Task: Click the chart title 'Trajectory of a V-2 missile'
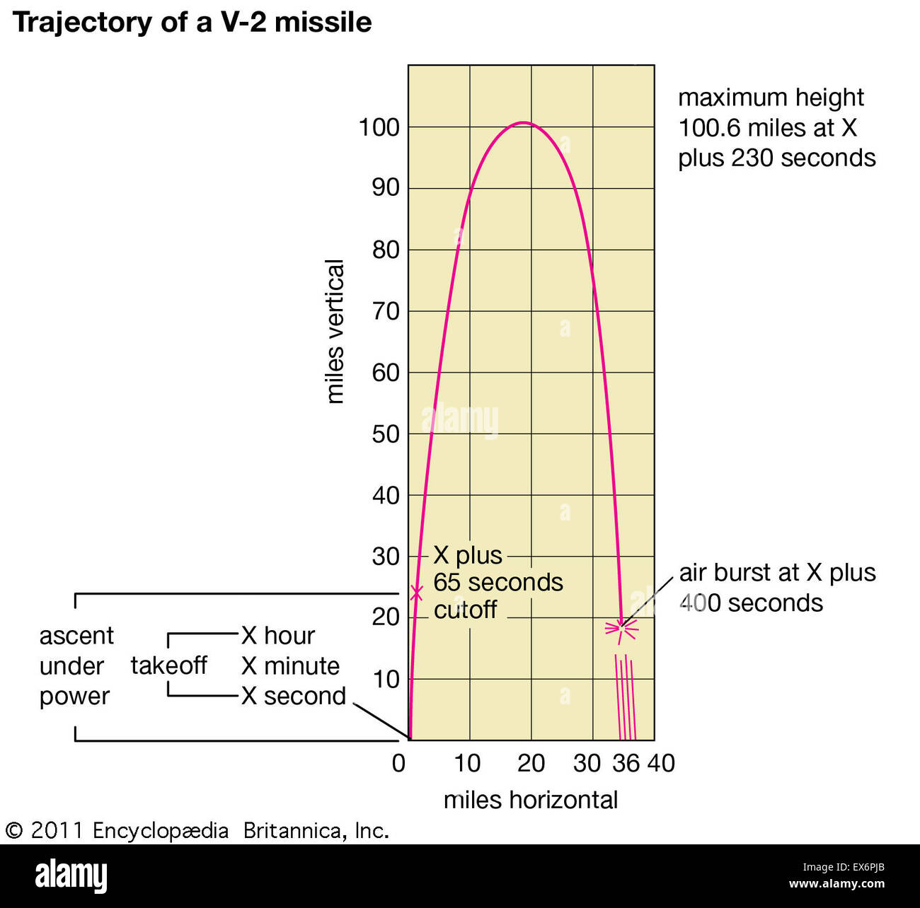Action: tap(192, 23)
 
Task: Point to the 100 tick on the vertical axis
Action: tap(379, 128)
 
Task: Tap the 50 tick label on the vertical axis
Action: tap(386, 435)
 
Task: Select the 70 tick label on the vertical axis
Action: tap(386, 312)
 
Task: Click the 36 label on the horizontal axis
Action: tap(626, 764)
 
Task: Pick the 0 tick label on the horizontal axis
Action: tap(398, 764)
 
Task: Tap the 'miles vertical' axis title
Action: tap(334, 331)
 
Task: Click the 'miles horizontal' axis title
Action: tap(530, 801)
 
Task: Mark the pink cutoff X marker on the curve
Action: tap(416, 593)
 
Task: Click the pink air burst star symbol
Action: tap(621, 627)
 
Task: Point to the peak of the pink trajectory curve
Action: tap(522, 123)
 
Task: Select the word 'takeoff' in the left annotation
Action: tap(168, 665)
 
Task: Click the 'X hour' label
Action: tap(277, 636)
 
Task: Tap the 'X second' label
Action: tap(293, 697)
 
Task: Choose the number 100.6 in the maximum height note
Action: tap(709, 128)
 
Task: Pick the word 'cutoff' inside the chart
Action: tap(465, 610)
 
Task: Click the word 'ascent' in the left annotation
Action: tap(76, 636)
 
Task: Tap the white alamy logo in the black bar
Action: tap(71, 875)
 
